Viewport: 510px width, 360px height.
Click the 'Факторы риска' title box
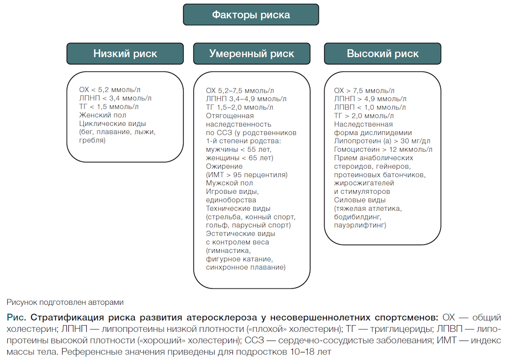(x=251, y=14)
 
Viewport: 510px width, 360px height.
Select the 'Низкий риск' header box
(x=125, y=54)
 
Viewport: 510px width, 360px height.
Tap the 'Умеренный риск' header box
(x=252, y=54)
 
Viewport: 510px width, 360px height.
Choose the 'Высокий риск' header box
(x=382, y=54)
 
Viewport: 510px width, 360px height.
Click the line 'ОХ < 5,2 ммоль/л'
(x=110, y=90)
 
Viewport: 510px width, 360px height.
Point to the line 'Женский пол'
(x=103, y=115)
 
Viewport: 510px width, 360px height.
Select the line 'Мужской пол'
(x=229, y=183)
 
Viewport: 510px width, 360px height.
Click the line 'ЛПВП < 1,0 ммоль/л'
(x=370, y=107)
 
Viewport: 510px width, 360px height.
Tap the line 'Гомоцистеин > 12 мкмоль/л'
(x=383, y=149)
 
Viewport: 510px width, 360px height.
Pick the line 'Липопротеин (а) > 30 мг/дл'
(x=382, y=141)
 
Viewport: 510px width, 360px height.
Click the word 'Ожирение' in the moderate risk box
(x=224, y=167)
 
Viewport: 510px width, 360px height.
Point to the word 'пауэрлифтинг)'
(x=360, y=225)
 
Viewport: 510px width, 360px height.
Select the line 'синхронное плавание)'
(x=246, y=267)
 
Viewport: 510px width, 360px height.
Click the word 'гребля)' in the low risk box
(x=92, y=140)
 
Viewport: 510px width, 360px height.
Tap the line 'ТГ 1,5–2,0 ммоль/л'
(x=240, y=107)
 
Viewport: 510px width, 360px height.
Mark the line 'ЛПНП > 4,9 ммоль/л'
(x=370, y=99)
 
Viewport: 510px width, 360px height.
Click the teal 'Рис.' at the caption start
(x=17, y=317)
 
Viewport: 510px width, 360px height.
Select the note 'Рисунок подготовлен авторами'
(x=65, y=302)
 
